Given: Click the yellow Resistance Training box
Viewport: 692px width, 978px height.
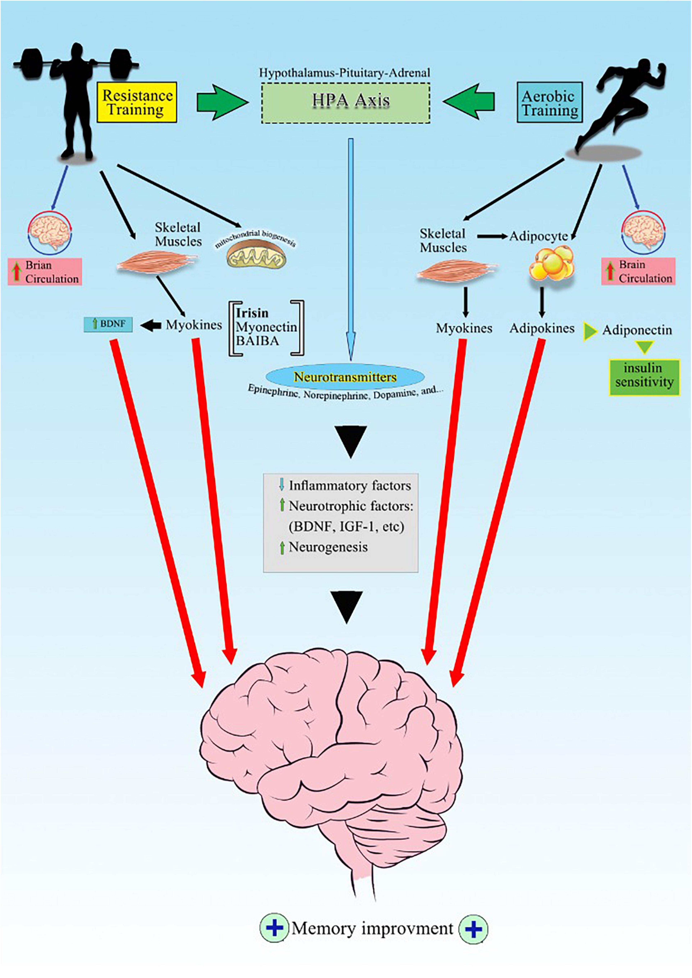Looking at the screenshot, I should click(x=137, y=102).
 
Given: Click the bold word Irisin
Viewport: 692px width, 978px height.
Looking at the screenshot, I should click(x=252, y=313).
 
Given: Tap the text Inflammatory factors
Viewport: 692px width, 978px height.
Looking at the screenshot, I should click(x=350, y=486).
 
